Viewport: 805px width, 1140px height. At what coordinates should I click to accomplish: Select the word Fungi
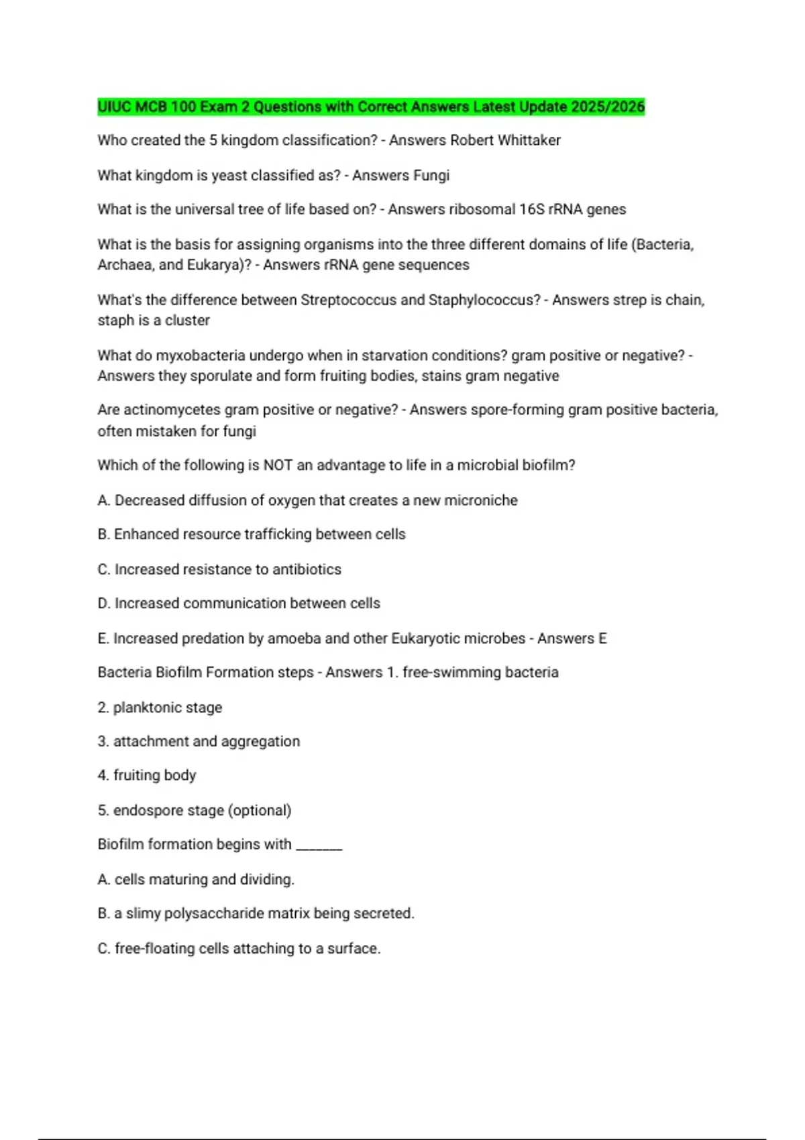(431, 175)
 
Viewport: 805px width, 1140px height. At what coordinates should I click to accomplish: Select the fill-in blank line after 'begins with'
(319, 846)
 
